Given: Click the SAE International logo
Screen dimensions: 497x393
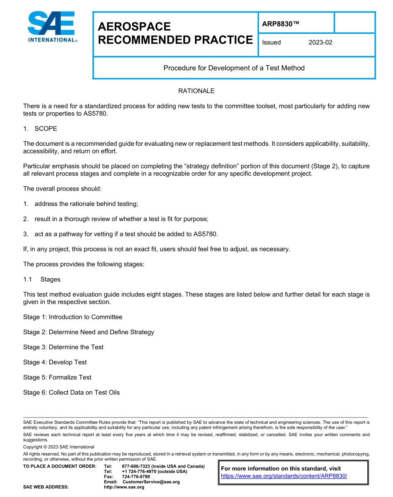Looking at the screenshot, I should pyautogui.click(x=52, y=27).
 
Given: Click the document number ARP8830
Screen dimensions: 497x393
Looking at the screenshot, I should pyautogui.click(x=280, y=24).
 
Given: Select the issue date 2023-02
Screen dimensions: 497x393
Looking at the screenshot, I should pyautogui.click(x=320, y=42).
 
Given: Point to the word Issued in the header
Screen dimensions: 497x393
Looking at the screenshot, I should pyautogui.click(x=271, y=42).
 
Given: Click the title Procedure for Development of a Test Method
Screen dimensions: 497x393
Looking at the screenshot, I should pyautogui.click(x=234, y=68).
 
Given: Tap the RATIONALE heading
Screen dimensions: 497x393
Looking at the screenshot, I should pyautogui.click(x=196, y=91).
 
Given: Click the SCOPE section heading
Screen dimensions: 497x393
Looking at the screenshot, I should pyautogui.click(x=46, y=128).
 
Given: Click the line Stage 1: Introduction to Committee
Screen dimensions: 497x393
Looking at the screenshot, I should pyautogui.click(x=73, y=317).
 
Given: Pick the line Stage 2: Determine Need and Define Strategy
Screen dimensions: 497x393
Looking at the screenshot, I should pyautogui.click(x=89, y=332).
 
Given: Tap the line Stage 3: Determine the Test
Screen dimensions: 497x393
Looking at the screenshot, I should pyautogui.click(x=63, y=347).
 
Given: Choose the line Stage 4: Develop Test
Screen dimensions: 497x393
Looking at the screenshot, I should pyautogui.click(x=55, y=362).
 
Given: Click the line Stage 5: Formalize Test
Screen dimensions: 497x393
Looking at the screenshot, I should pyautogui.click(x=57, y=377).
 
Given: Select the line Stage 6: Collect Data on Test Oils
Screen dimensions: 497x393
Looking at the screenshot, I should pyautogui.click(x=72, y=392).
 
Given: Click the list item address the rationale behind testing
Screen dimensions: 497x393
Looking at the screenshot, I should pyautogui.click(x=86, y=204).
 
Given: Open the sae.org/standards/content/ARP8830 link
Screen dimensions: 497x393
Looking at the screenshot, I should pyautogui.click(x=284, y=476).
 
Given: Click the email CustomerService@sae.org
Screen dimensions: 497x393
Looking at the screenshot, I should pyautogui.click(x=151, y=482).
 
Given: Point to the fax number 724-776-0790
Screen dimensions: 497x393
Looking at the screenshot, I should pyautogui.click(x=136, y=477).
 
